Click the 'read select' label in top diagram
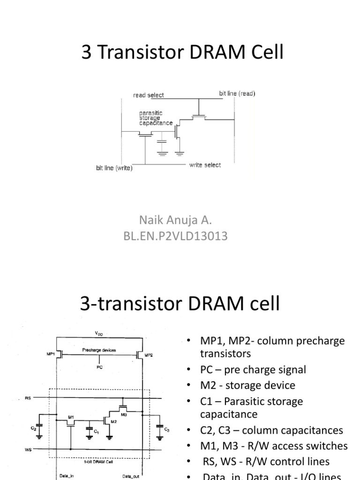tap(149, 95)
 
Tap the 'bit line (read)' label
tap(237, 93)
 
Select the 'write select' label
tap(205, 165)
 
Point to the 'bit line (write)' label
tap(114, 168)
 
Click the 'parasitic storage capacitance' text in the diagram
tap(156, 118)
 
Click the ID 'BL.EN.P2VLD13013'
tap(175, 236)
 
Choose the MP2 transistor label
tap(149, 355)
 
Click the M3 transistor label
tap(124, 414)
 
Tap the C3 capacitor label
tap(166, 429)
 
